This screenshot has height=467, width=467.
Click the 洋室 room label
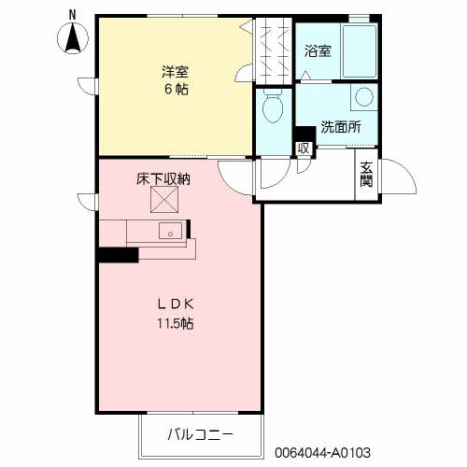tap(173, 70)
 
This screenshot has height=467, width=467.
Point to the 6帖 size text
tap(173, 89)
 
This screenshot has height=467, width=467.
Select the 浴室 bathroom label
tap(317, 51)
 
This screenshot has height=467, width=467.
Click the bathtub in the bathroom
tap(360, 52)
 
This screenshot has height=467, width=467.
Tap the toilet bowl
tap(273, 110)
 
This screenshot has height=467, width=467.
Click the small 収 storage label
tap(303, 148)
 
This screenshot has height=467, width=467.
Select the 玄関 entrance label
tap(366, 175)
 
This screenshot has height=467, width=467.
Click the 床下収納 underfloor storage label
tap(163, 178)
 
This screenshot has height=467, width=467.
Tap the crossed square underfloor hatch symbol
tap(164, 200)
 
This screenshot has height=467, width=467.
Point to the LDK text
tap(175, 304)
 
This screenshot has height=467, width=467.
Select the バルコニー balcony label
tap(200, 434)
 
